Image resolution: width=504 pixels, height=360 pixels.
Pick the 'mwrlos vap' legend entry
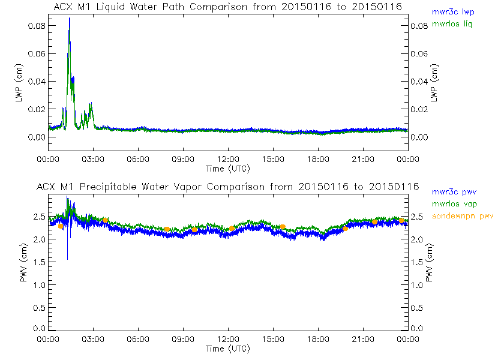point(454,204)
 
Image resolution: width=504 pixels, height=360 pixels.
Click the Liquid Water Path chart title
point(227,6)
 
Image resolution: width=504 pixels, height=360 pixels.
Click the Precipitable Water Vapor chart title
point(227,187)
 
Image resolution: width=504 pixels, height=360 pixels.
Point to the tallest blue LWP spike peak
point(70,19)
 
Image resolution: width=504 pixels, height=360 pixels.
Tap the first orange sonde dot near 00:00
point(61,226)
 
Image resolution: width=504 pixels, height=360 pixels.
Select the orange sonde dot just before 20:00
point(345,229)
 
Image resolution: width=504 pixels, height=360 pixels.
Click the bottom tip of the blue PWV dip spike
point(67,259)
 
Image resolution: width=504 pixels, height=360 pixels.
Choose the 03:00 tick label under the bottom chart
point(93,340)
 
